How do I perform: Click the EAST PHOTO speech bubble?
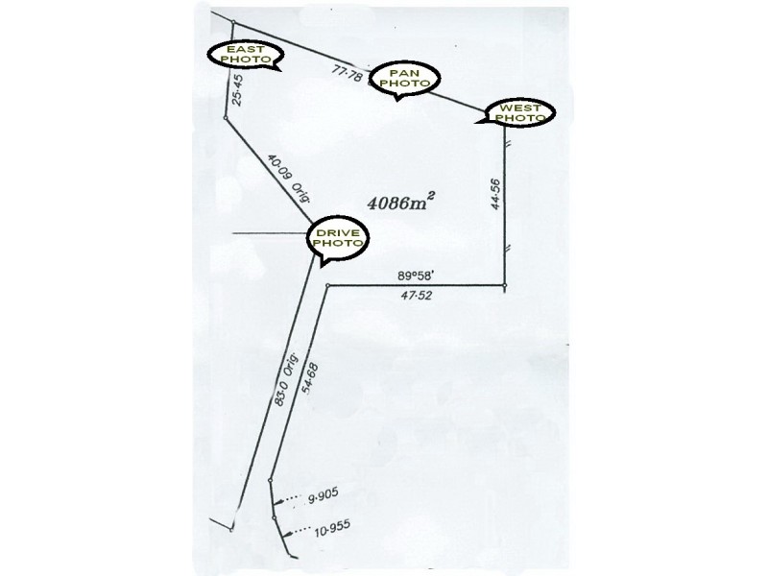tap(246, 55)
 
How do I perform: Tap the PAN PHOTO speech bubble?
tap(404, 80)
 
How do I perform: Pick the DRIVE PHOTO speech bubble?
tap(338, 238)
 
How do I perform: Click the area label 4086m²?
tap(401, 202)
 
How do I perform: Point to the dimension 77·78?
tap(347, 74)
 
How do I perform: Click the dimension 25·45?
tap(236, 89)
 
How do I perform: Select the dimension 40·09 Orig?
tap(289, 179)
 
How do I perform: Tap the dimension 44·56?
tap(495, 195)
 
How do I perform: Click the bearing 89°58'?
tap(416, 276)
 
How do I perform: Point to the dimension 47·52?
tap(416, 296)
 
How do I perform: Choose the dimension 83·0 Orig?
tap(285, 378)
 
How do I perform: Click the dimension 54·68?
tap(310, 378)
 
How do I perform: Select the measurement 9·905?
tap(323, 495)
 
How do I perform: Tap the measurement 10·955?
tap(332, 528)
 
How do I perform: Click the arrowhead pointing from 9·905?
tap(276, 502)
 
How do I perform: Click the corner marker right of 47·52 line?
tap(505, 285)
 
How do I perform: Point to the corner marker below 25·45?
tap(225, 117)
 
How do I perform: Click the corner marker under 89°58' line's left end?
tap(327, 285)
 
